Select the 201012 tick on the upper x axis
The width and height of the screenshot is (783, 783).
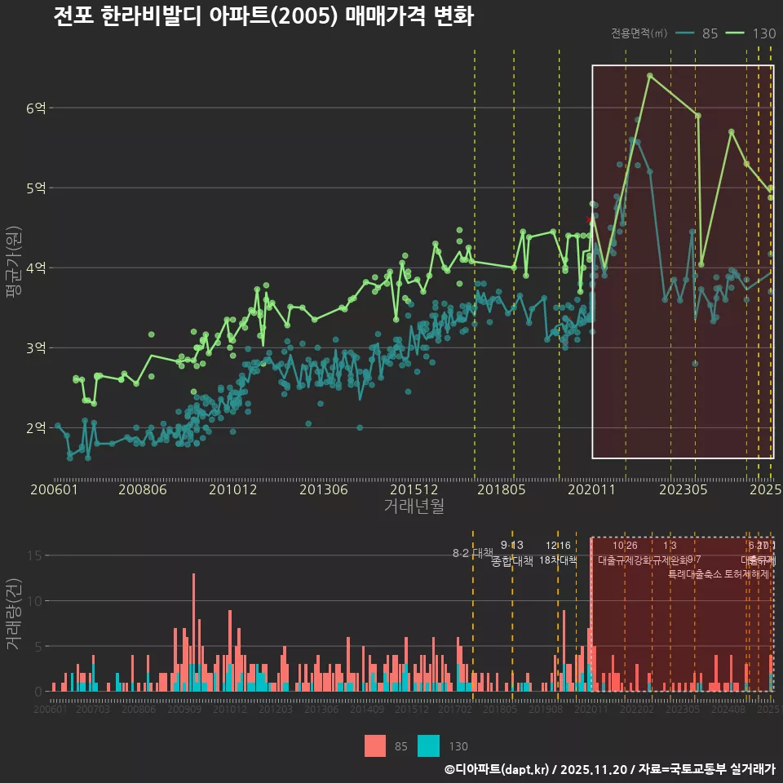pyautogui.click(x=232, y=490)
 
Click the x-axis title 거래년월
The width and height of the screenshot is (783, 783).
pyautogui.click(x=414, y=507)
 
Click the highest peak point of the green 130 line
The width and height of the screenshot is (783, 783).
pyautogui.click(x=649, y=76)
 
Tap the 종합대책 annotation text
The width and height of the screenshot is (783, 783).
pyautogui.click(x=512, y=561)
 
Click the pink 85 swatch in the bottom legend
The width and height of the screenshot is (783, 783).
pyautogui.click(x=375, y=746)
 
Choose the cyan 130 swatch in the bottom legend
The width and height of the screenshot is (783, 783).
pyautogui.click(x=428, y=746)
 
